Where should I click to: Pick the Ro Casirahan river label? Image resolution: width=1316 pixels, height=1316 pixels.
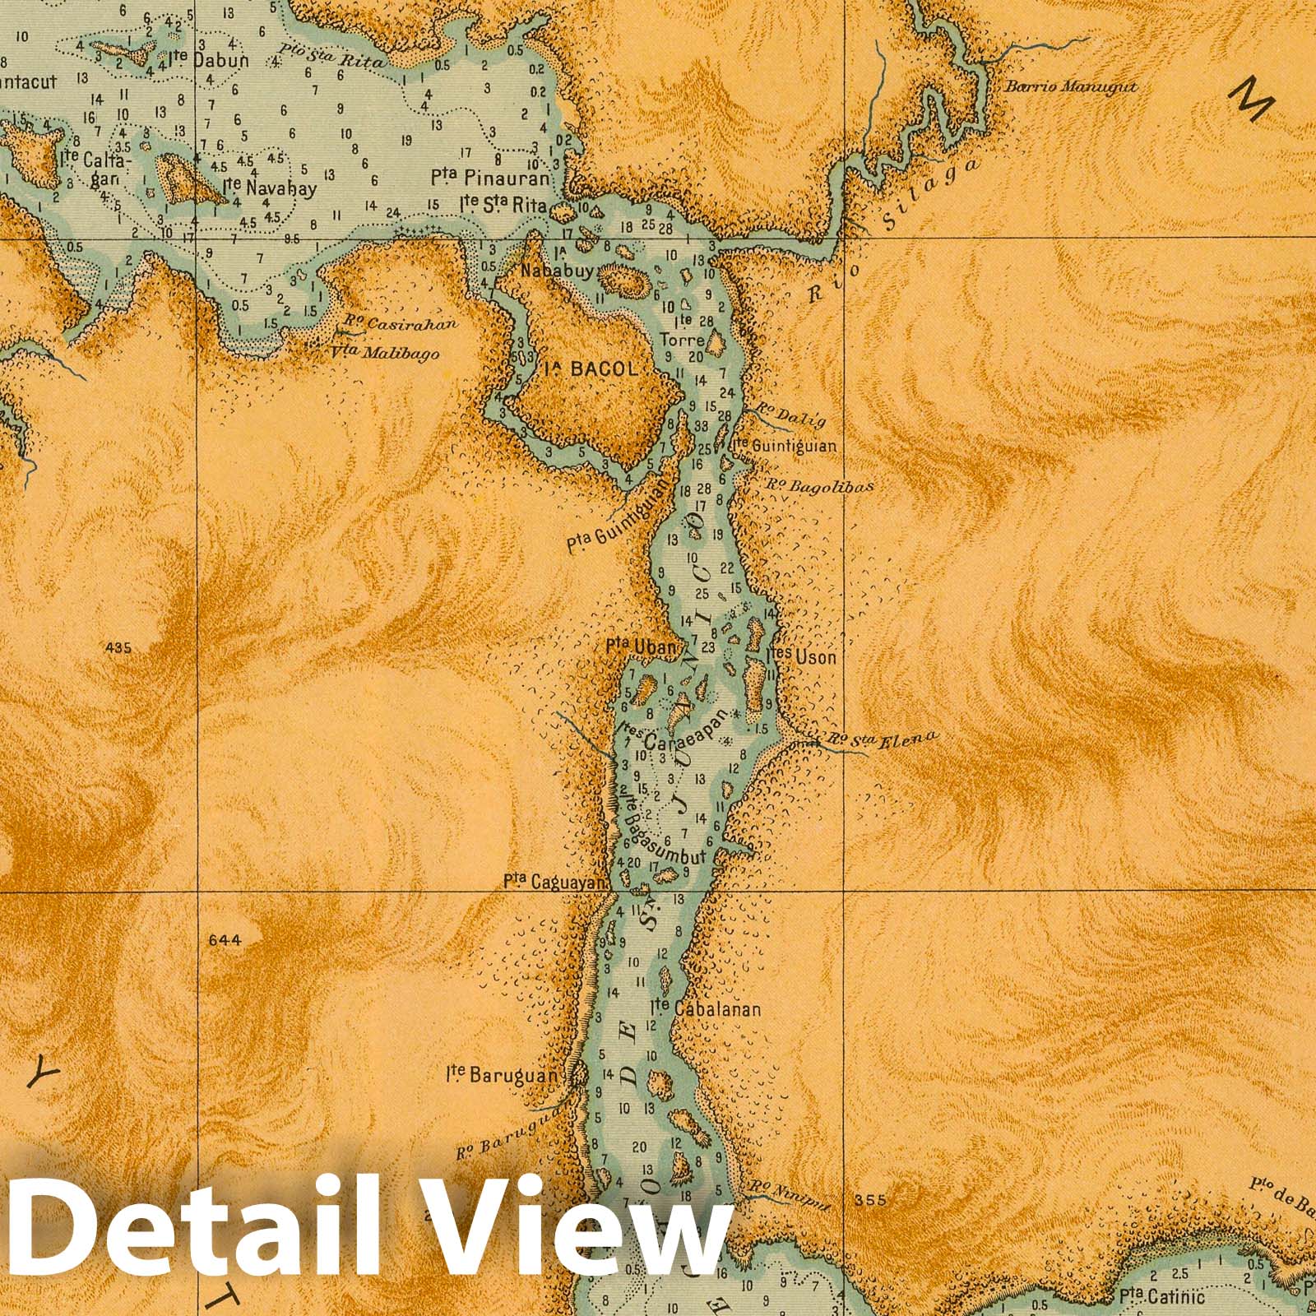click(x=400, y=324)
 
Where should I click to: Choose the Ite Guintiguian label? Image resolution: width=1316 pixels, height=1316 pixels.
click(x=783, y=447)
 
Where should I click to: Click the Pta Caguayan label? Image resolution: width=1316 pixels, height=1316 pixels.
click(x=555, y=882)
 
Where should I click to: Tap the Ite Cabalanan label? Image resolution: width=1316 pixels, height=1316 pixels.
click(x=705, y=1008)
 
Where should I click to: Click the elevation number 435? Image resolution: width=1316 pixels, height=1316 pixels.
click(x=118, y=648)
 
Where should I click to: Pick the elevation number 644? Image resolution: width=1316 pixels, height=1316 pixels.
click(x=225, y=940)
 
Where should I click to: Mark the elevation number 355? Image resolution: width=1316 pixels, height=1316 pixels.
click(x=870, y=1200)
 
